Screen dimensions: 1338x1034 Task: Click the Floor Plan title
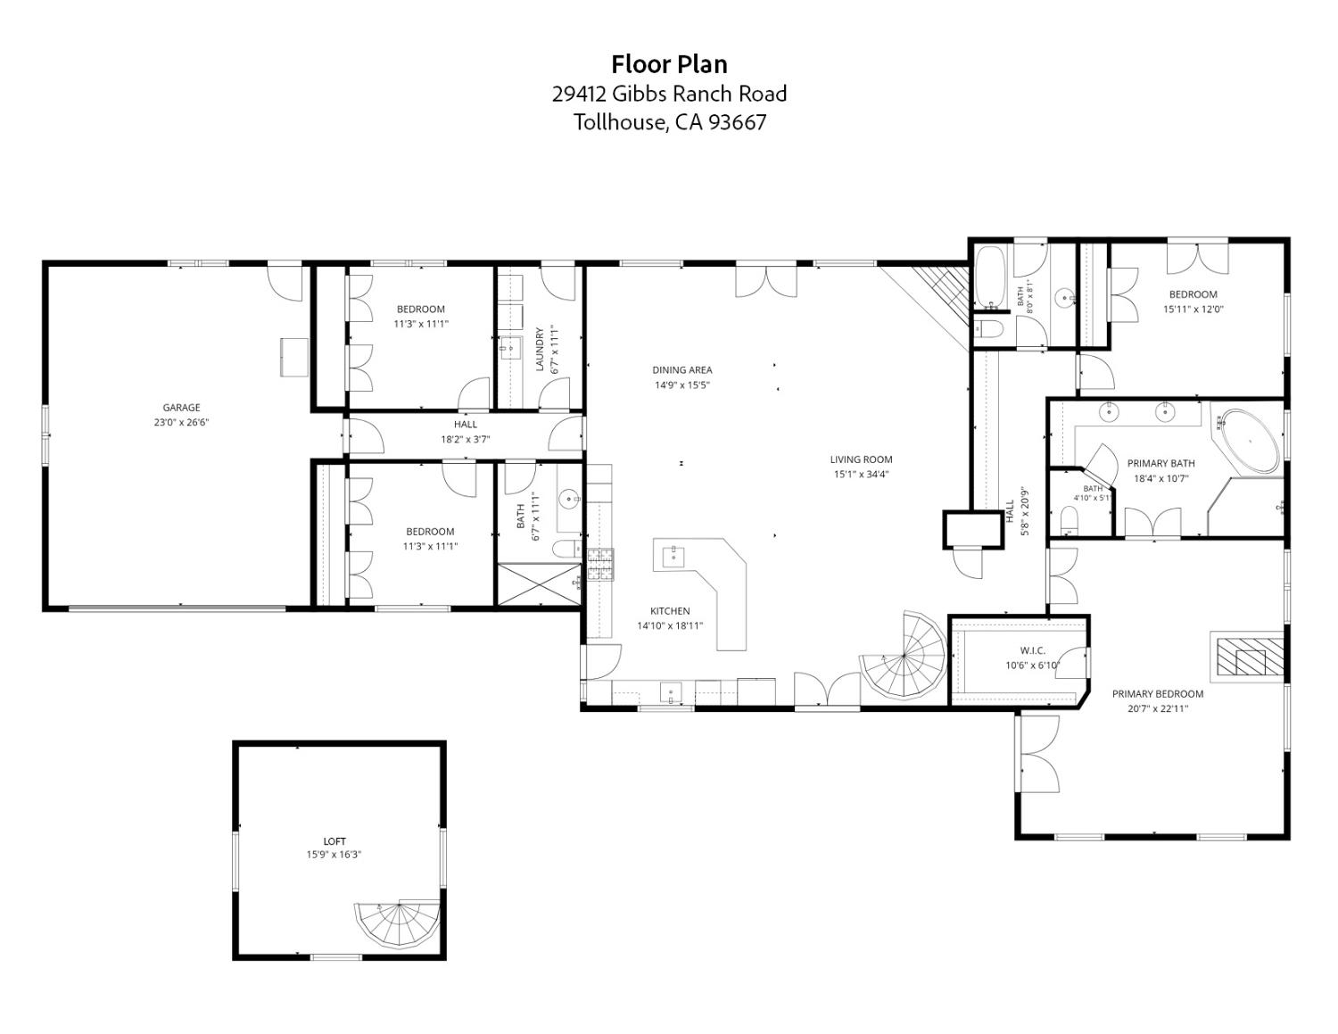(669, 64)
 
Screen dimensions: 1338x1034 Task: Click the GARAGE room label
(181, 407)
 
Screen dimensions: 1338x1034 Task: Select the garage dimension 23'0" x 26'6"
(181, 423)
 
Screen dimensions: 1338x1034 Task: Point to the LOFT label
(334, 840)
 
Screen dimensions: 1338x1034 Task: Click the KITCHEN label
(670, 611)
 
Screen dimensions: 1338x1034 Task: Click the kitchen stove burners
(599, 565)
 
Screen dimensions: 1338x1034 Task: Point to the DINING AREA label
(681, 370)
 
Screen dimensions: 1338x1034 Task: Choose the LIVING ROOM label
(861, 459)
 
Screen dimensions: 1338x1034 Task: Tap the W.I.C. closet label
(1033, 650)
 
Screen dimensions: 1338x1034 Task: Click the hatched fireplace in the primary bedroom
(1250, 656)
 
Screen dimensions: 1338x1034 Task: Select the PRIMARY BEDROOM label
(1158, 694)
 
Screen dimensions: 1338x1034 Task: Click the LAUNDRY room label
(540, 349)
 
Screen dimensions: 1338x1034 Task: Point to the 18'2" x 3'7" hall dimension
(466, 440)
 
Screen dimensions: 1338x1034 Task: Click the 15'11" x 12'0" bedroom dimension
(1193, 310)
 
